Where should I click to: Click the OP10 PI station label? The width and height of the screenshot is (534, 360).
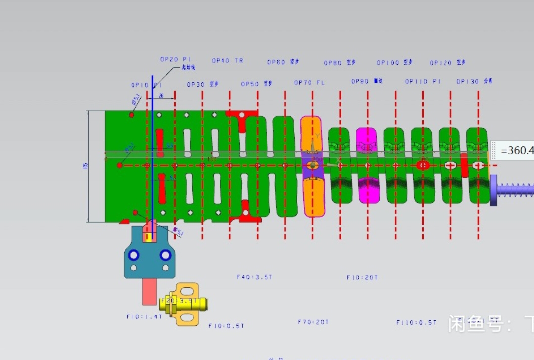coord(146,85)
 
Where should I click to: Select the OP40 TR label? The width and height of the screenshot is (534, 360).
coord(227,61)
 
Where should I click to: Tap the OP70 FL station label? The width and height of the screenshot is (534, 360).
coord(310,83)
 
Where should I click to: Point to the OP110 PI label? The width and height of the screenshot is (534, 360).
coord(423,81)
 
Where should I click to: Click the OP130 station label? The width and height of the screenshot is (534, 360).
coord(474,81)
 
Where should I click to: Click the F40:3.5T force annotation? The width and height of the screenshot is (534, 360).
coord(254,277)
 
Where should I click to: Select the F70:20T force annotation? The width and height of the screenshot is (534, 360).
coord(313,322)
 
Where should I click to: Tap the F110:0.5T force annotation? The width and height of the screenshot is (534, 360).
coord(416,323)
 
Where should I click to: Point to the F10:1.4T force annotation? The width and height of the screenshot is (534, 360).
coord(144,317)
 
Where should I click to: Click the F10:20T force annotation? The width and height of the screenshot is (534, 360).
coord(362,278)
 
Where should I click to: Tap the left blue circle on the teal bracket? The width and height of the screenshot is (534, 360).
coord(133,255)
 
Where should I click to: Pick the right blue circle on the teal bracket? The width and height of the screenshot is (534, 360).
coord(165,255)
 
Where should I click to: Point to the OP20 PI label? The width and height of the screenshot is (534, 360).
coord(175,59)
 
